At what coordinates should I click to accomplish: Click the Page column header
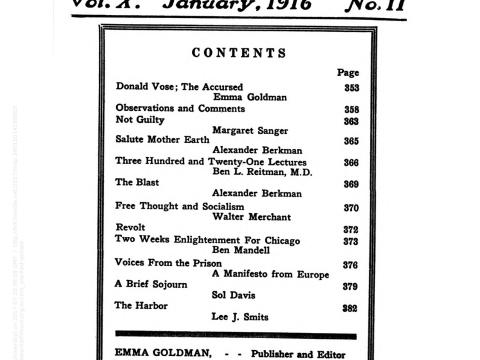348,72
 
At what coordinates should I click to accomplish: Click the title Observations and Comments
179,108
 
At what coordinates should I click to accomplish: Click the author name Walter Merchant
255,217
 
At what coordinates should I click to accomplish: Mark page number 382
350,307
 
